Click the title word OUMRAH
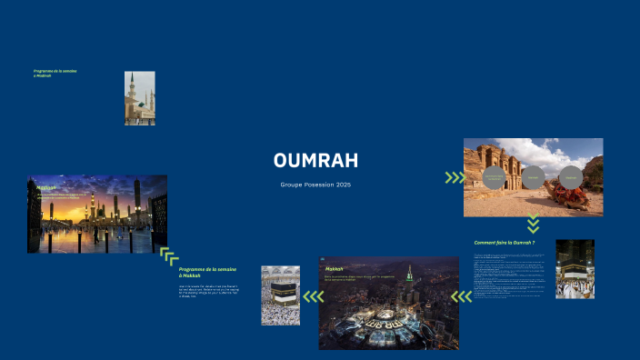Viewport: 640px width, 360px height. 315,161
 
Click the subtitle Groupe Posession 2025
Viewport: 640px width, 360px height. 315,185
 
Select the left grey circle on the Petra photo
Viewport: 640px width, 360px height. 493,176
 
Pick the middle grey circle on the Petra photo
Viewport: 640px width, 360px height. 533,176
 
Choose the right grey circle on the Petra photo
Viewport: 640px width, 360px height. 570,176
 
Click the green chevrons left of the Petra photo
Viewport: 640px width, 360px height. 454,177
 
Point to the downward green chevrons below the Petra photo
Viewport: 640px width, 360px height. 534,224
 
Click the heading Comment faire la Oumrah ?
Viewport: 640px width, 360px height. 505,243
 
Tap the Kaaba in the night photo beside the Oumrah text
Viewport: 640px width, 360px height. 575,270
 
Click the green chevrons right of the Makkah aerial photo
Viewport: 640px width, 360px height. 462,295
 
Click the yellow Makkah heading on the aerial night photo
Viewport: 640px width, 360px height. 334,269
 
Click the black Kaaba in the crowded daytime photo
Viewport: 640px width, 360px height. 281,294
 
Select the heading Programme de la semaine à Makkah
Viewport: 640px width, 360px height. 207,273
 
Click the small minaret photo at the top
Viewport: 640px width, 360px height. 139,98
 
